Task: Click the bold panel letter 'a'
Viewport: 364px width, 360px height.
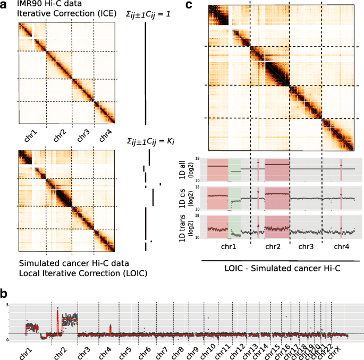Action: (x=4, y=5)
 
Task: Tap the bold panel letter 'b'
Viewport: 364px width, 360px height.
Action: (x=4, y=293)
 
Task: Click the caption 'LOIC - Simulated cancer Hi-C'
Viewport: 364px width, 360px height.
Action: (x=282, y=270)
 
